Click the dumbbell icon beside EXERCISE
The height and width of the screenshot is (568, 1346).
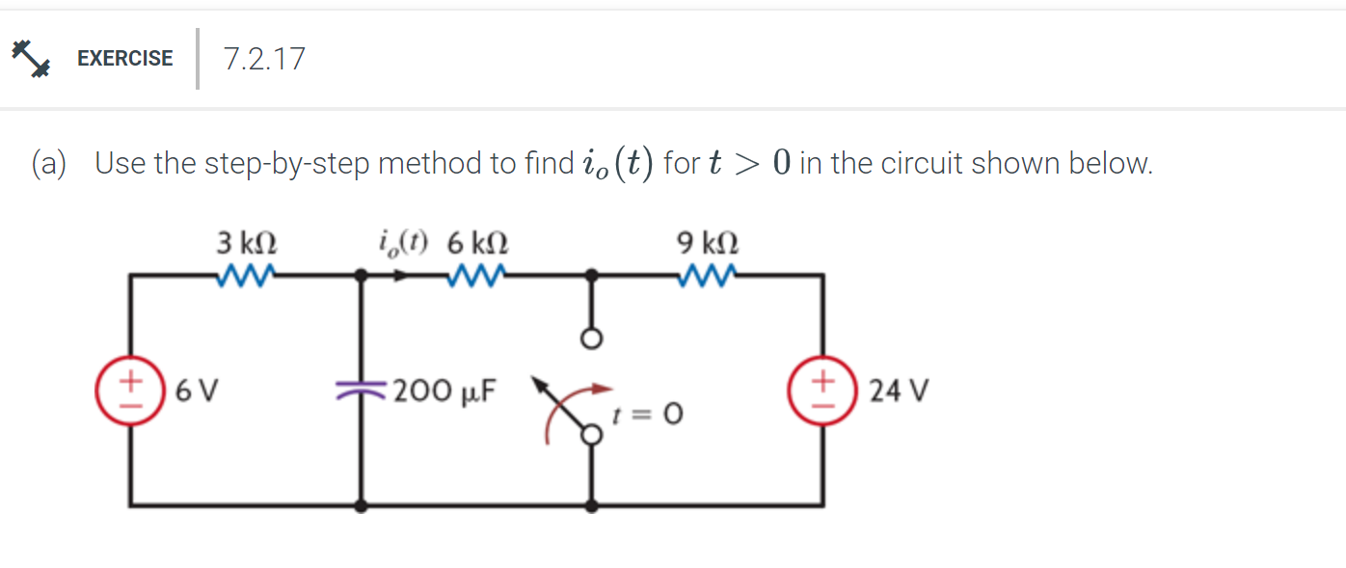point(30,58)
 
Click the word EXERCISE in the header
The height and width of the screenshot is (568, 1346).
point(124,58)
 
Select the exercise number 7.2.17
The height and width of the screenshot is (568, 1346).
point(263,59)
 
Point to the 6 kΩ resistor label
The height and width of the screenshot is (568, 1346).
point(478,242)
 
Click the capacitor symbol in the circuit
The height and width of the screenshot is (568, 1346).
point(362,390)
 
